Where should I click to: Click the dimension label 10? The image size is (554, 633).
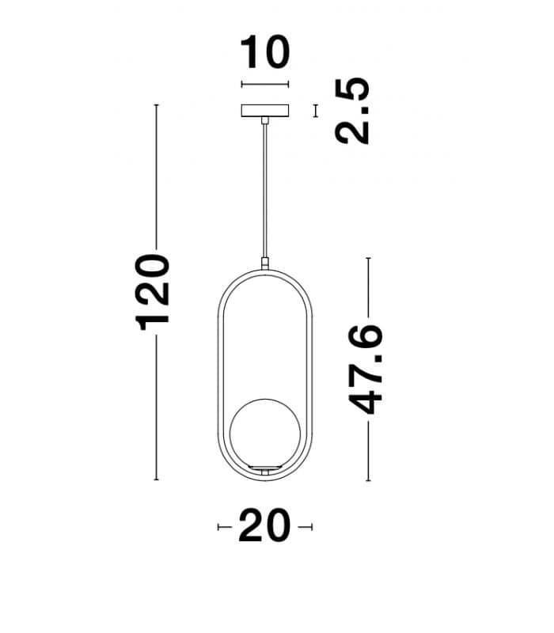(x=265, y=53)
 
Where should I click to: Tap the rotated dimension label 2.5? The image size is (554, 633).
(x=352, y=111)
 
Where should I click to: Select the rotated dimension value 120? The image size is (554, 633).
(x=153, y=292)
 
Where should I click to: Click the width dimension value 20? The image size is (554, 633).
(x=264, y=527)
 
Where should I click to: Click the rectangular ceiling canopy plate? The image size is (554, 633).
(x=265, y=111)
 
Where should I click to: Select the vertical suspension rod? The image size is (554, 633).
(x=265, y=190)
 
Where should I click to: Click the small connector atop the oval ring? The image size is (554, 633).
(x=265, y=262)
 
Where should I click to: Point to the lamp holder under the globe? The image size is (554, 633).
(x=264, y=471)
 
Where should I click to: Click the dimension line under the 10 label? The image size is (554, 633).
(x=265, y=85)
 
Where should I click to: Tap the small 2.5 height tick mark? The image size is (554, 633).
(x=316, y=111)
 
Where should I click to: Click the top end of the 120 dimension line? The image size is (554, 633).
(x=157, y=105)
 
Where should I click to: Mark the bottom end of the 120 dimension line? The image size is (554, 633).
(x=157, y=479)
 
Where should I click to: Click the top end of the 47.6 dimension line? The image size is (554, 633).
(x=367, y=258)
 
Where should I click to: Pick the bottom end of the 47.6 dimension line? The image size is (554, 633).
(x=367, y=479)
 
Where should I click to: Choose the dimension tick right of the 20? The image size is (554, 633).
(x=309, y=527)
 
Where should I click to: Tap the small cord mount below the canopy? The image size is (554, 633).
(x=265, y=120)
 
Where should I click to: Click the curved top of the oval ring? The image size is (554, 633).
(x=265, y=269)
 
